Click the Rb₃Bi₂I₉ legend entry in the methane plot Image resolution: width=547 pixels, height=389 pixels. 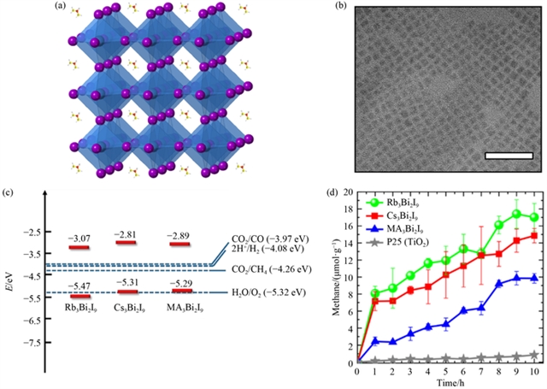tap(409, 203)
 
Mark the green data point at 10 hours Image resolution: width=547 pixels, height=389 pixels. tap(534, 217)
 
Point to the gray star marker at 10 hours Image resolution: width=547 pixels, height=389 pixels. tap(534, 355)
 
